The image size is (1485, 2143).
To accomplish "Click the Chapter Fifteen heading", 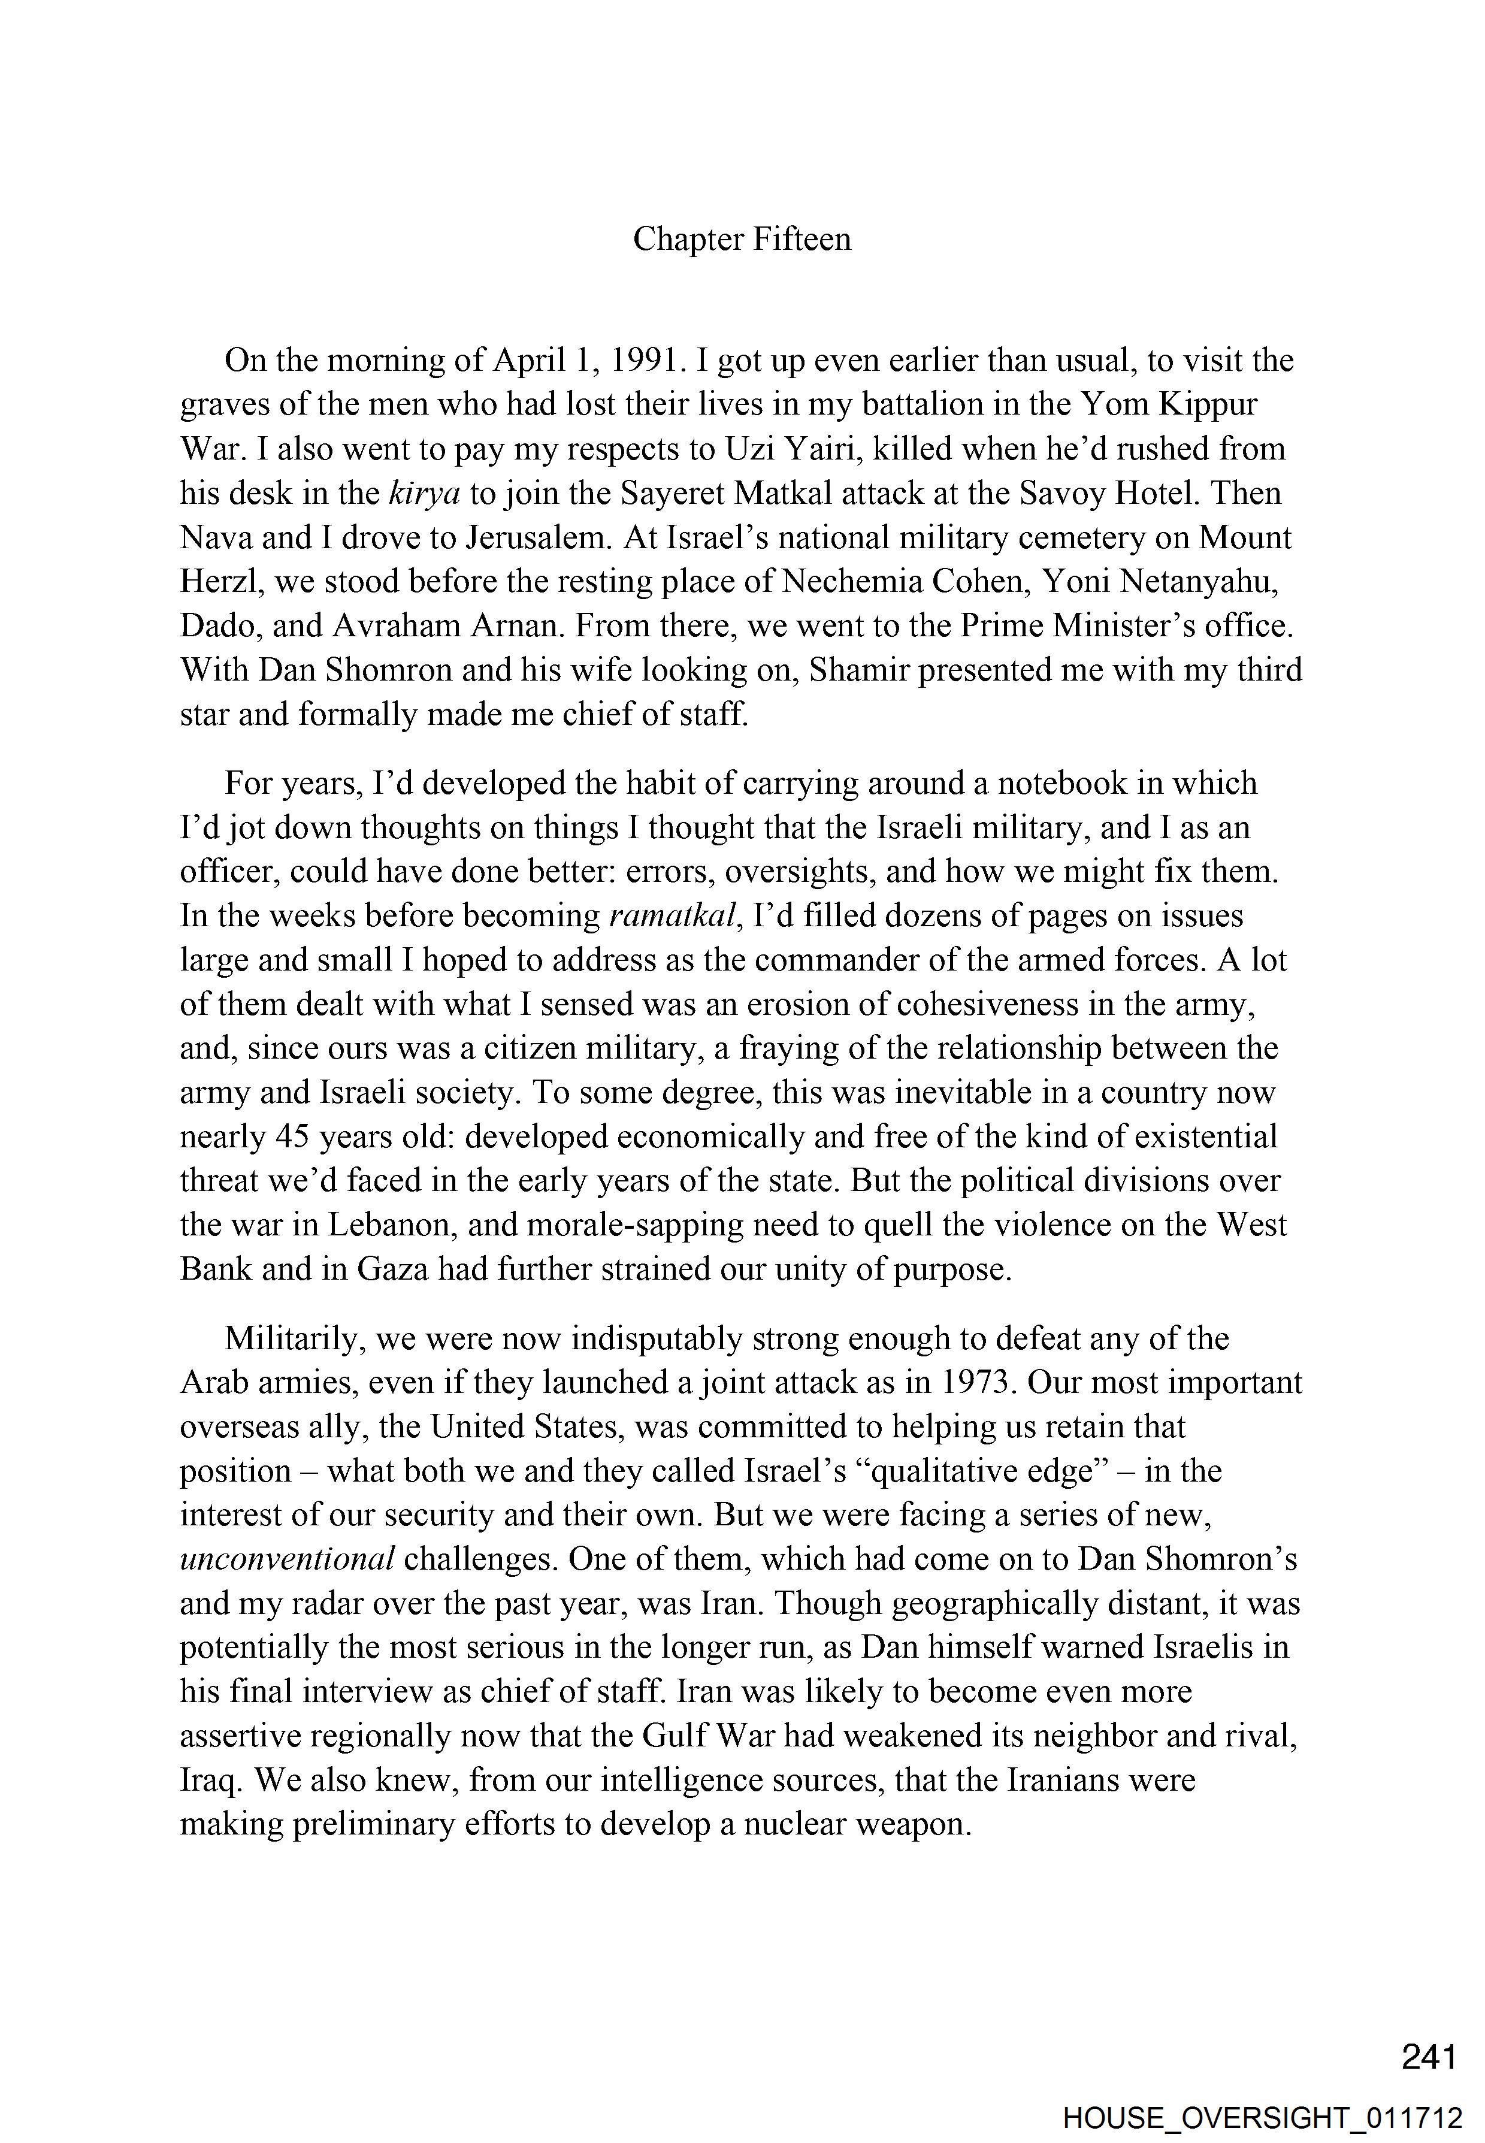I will click(x=742, y=240).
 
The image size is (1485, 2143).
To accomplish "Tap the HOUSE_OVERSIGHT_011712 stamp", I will click(x=1263, y=2111).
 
